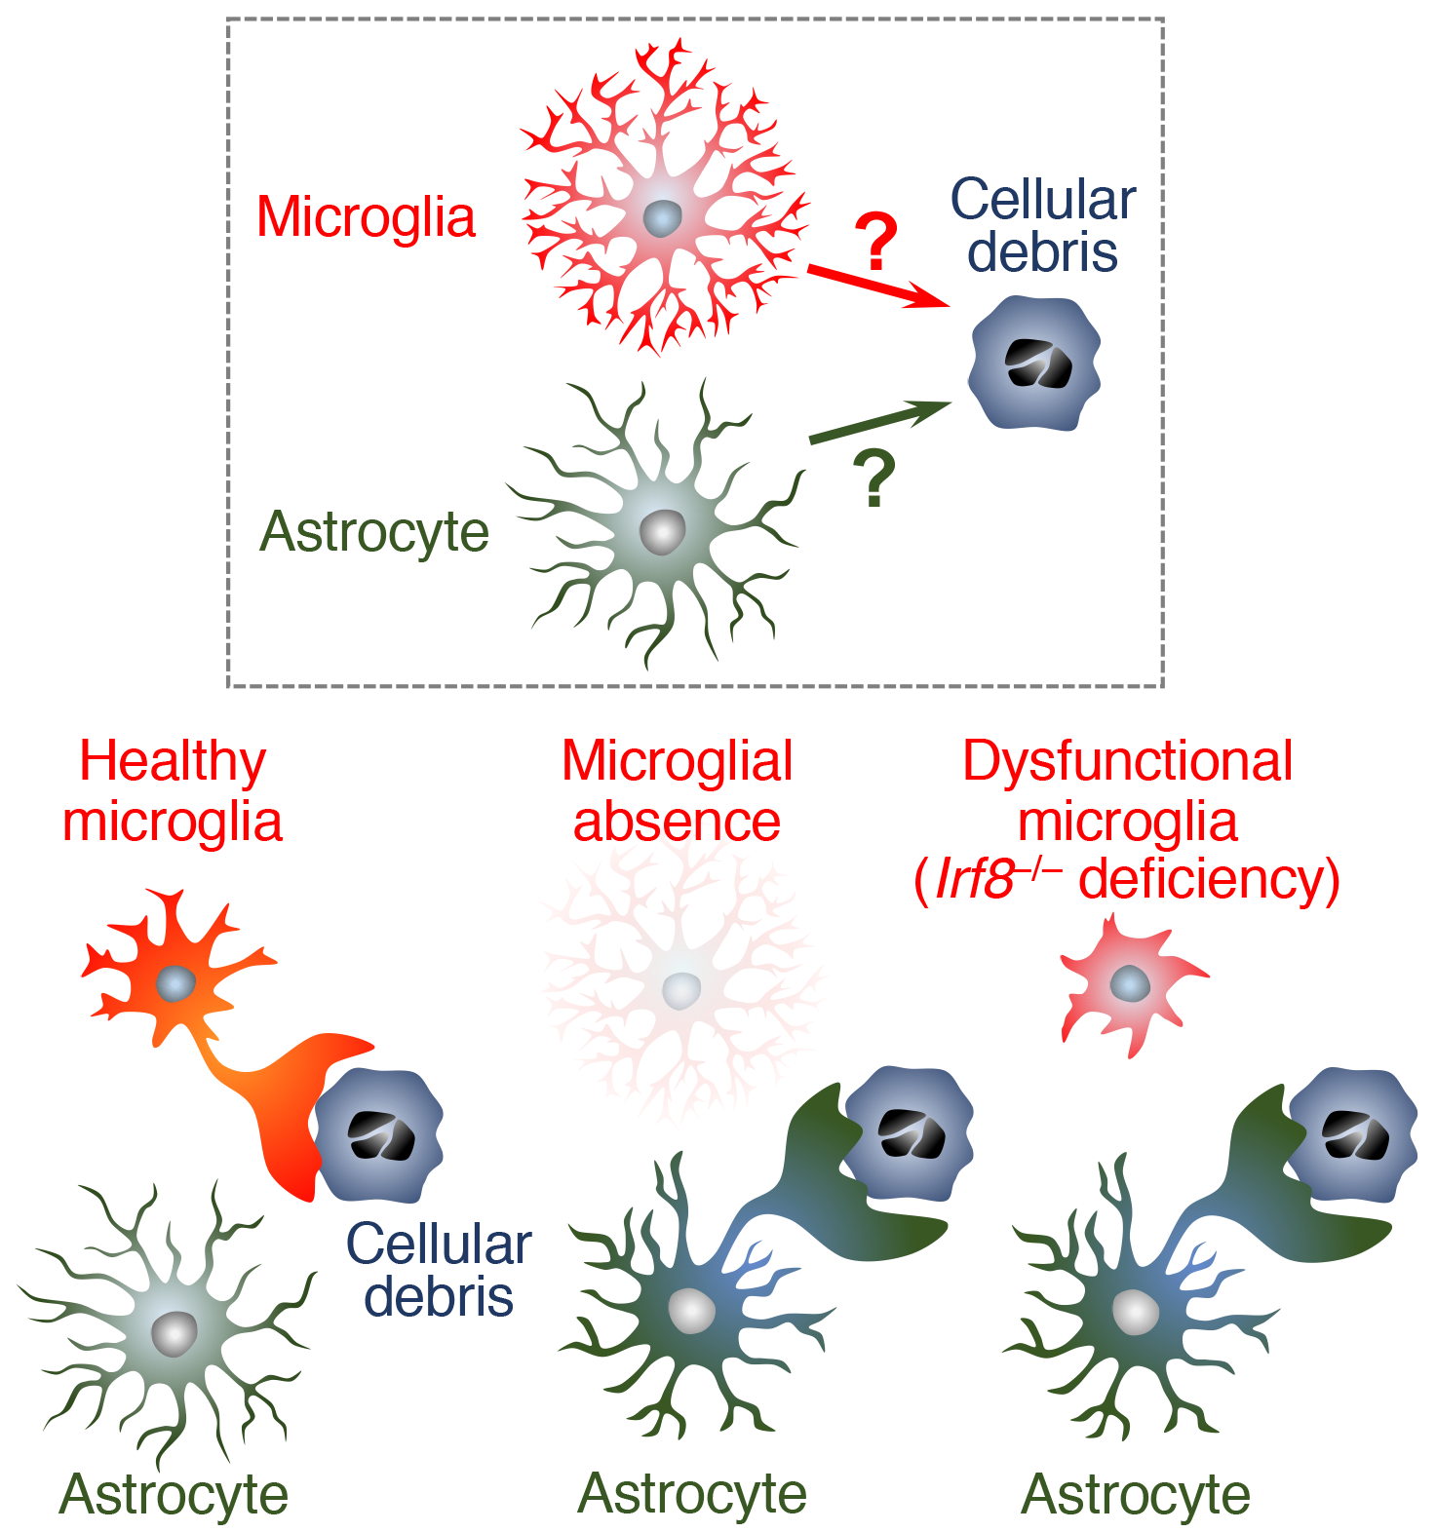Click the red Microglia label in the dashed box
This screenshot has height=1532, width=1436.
366,216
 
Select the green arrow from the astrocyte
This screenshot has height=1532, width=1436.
877,422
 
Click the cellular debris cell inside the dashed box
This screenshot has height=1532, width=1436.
1035,364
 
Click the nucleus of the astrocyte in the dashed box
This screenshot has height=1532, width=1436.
663,531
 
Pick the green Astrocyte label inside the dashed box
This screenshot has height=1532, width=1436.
374,532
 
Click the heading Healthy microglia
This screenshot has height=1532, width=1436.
173,790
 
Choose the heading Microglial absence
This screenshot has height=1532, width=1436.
677,790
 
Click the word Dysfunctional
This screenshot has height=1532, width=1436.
1128,761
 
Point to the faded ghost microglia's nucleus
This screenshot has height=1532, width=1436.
680,990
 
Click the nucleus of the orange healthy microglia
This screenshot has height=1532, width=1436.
176,983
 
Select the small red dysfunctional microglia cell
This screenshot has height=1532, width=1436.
1129,986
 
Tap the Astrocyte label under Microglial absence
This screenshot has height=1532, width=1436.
692,1493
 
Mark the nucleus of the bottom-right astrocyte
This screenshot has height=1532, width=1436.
1135,1312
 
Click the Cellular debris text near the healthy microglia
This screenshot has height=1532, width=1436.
439,1270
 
